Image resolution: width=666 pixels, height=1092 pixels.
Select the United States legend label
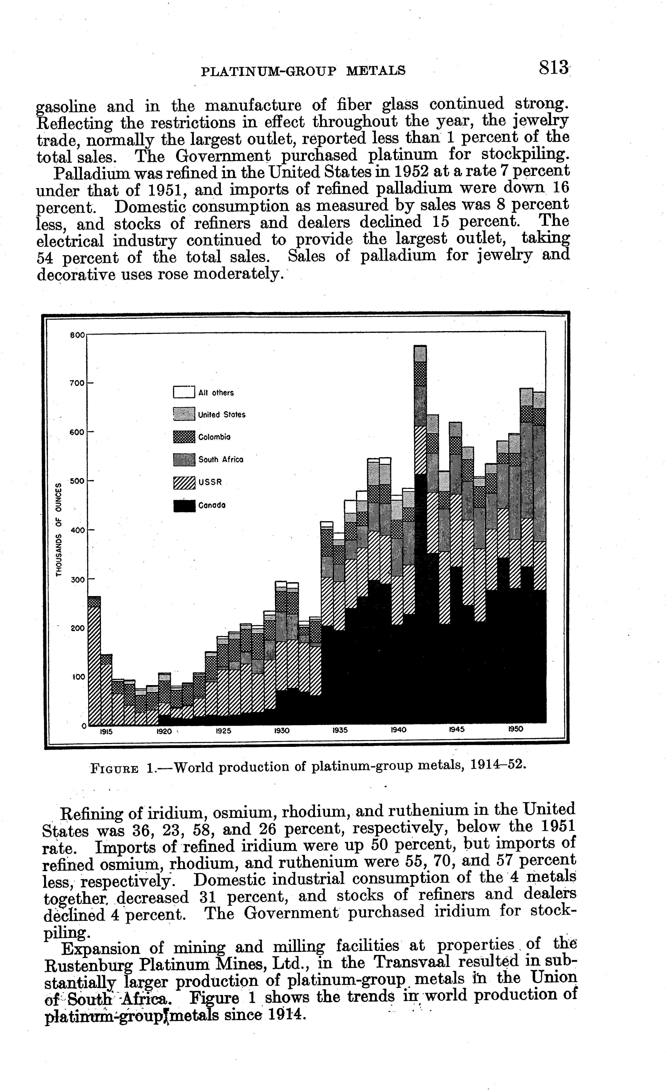[221, 415]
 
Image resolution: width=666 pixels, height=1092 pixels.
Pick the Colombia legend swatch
[184, 437]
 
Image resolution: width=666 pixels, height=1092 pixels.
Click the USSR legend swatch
[184, 482]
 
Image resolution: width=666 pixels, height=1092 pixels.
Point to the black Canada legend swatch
[184, 505]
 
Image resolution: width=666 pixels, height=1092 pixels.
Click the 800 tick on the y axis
[77, 335]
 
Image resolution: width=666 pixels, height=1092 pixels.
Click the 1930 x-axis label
[282, 731]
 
